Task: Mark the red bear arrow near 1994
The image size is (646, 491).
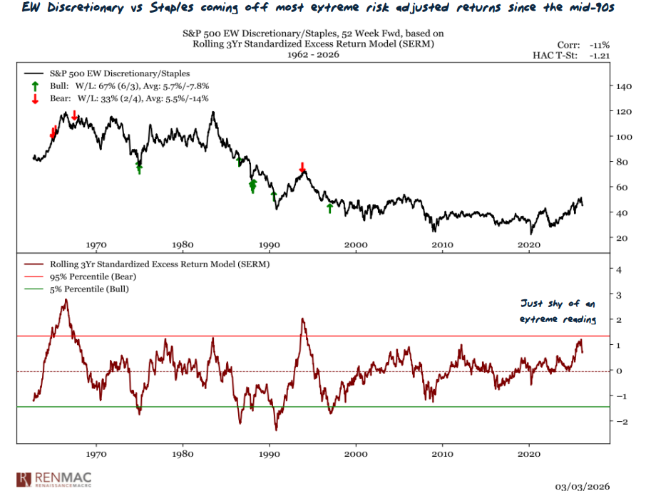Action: tap(302, 167)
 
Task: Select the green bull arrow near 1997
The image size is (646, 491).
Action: tap(329, 207)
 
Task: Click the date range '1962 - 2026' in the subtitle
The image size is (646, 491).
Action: tap(307, 54)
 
